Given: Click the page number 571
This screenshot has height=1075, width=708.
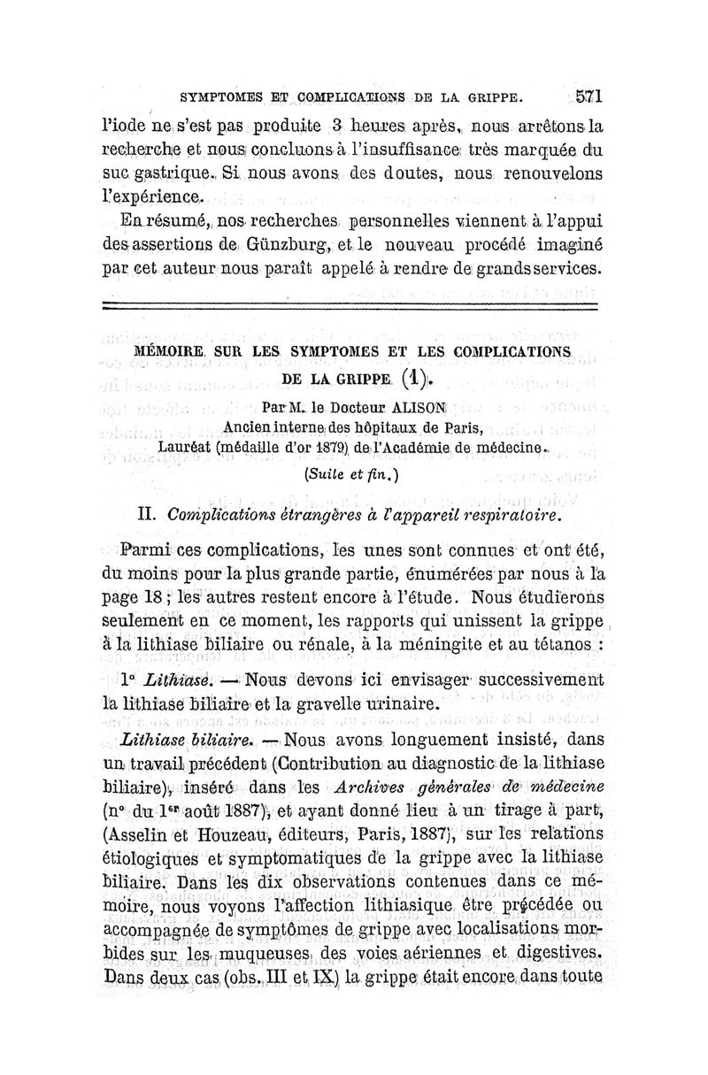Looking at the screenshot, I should pyautogui.click(x=588, y=96).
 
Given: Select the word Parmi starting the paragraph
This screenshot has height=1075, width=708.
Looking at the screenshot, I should pyautogui.click(x=145, y=554).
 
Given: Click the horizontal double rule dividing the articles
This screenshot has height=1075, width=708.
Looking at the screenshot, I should pyautogui.click(x=350, y=306).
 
